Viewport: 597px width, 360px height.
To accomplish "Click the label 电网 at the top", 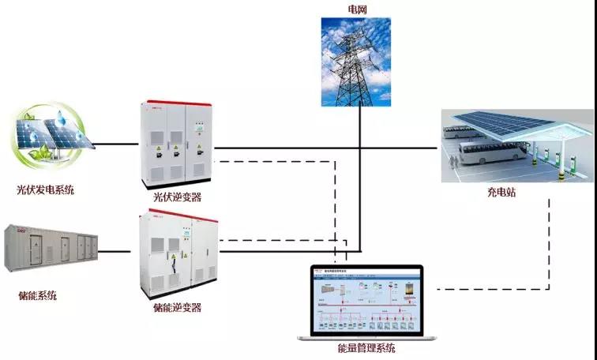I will point(357,9).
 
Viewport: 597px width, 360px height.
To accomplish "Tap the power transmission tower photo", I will point(356,62).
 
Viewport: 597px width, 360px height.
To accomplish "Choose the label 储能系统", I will point(37,295).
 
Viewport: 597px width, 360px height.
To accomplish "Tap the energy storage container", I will point(51,247).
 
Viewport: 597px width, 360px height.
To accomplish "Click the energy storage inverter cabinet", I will point(178,253).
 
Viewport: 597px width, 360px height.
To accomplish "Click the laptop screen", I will point(366,301).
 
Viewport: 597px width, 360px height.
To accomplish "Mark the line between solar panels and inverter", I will point(118,145).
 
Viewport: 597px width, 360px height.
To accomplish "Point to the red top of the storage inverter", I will point(178,216).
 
